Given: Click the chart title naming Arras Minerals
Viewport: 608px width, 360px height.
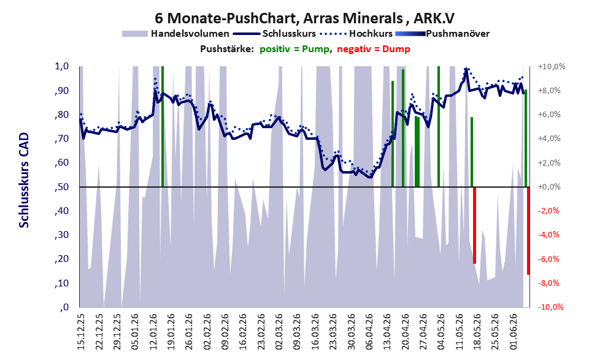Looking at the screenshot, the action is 305,18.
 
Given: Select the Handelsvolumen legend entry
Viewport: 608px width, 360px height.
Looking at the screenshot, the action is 175,34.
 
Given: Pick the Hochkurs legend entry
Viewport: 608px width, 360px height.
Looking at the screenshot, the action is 356,34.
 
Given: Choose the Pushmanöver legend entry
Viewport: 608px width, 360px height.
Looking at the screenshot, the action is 442,34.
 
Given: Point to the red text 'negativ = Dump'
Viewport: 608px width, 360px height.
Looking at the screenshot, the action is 374,49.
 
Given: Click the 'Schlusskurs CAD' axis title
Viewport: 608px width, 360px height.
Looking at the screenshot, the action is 24,180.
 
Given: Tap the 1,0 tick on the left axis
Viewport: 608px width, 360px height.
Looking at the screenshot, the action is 62,66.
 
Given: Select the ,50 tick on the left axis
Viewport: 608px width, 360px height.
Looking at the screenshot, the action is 62,187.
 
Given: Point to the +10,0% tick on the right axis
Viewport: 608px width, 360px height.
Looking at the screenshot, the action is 552,67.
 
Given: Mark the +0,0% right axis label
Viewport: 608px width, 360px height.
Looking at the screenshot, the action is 550,187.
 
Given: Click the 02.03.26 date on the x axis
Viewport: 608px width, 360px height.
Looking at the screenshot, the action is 279,331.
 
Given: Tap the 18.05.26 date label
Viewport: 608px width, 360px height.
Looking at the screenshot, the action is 478,331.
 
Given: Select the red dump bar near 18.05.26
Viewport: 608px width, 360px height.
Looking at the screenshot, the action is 475,225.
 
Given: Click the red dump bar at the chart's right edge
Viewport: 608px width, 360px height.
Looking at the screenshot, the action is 528,231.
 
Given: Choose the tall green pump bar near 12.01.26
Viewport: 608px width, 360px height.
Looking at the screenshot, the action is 163,126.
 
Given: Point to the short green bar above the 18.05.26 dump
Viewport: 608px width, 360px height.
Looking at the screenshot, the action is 472,152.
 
